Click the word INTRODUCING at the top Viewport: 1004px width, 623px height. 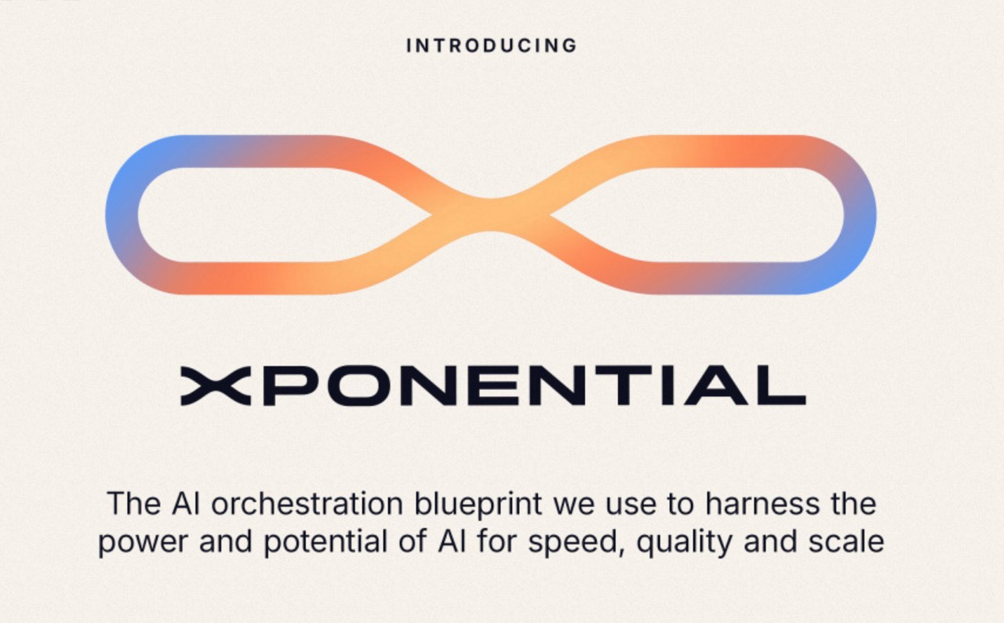(491, 46)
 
